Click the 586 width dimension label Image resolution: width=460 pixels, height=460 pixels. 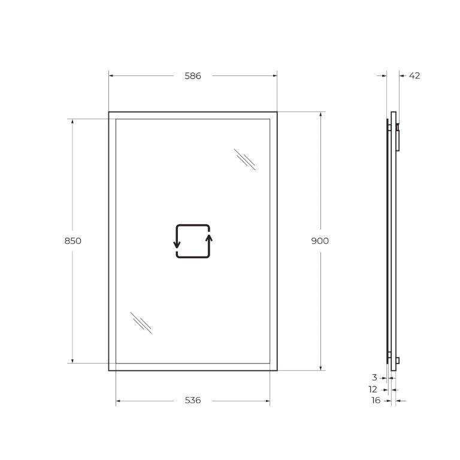[193, 76]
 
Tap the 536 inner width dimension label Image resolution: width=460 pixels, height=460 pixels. [193, 400]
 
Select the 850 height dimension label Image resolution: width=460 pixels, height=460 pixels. [72, 241]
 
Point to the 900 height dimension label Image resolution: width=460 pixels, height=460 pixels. [320, 241]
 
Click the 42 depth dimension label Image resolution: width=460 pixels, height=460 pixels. [414, 75]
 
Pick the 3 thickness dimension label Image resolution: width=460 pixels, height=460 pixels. [374, 377]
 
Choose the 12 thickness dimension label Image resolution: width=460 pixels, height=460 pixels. [373, 389]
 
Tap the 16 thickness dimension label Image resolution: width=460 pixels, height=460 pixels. [376, 400]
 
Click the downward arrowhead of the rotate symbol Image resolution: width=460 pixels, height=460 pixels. [177, 245]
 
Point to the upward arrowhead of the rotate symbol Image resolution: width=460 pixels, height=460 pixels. [209, 238]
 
